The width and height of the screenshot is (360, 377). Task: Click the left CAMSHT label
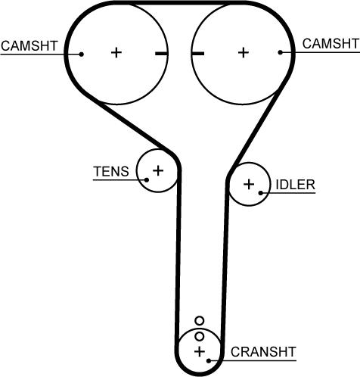click(x=29, y=46)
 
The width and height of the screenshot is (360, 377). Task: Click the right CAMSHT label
click(x=331, y=44)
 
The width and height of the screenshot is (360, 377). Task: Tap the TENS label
click(x=111, y=172)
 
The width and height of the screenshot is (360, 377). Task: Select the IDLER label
click(x=296, y=185)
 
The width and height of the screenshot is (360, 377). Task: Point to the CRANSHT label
click(x=263, y=352)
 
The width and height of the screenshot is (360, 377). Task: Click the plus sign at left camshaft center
click(x=116, y=53)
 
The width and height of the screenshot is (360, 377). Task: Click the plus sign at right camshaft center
click(x=244, y=53)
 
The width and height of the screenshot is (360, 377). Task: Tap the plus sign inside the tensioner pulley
click(x=158, y=170)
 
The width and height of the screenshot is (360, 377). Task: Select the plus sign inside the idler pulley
click(x=249, y=184)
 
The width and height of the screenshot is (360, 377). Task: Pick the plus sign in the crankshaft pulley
click(x=200, y=351)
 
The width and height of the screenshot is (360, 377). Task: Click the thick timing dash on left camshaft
click(x=161, y=54)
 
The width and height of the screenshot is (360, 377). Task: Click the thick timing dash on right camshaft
click(x=197, y=53)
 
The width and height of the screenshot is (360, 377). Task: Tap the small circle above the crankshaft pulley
click(x=200, y=321)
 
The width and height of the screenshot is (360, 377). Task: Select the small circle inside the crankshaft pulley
click(x=200, y=336)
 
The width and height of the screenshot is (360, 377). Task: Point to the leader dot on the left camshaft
click(x=81, y=54)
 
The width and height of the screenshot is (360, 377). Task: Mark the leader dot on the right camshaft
click(x=281, y=52)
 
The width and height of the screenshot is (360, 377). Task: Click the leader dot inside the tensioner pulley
click(x=147, y=180)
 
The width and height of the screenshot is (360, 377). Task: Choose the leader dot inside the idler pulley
click(x=261, y=193)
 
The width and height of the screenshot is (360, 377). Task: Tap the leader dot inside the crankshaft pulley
click(x=209, y=360)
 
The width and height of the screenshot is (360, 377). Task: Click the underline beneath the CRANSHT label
click(x=253, y=360)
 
